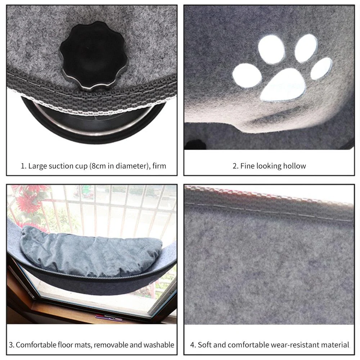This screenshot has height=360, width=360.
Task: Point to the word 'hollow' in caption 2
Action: pos(294,166)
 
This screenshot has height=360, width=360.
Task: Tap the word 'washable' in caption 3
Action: pos(159,345)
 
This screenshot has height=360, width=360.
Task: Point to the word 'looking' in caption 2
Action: pos(269,166)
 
